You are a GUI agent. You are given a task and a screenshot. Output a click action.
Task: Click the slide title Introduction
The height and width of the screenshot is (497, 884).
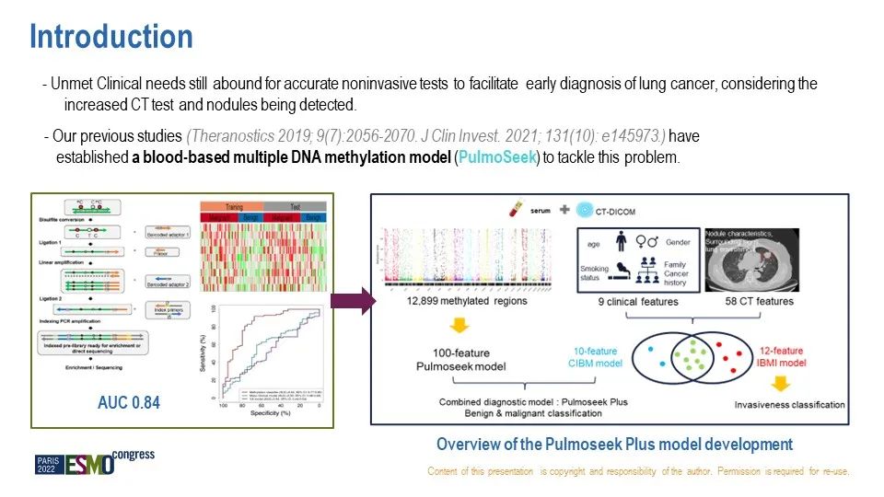click(111, 37)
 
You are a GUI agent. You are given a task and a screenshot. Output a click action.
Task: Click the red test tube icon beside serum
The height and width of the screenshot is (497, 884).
click(517, 210)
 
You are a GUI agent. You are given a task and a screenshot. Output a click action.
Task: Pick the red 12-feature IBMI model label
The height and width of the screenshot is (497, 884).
click(776, 356)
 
